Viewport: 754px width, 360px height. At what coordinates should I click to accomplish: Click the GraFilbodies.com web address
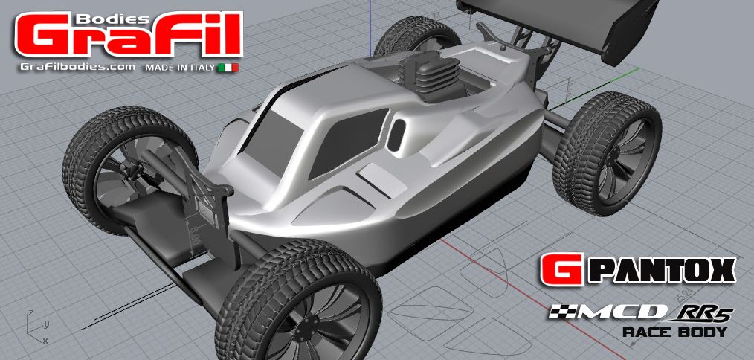click(77, 67)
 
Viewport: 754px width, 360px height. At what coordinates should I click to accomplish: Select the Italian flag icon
click(228, 68)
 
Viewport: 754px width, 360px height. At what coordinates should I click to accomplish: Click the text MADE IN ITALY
click(180, 68)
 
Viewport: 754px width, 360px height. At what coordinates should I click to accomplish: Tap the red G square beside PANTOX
click(555, 269)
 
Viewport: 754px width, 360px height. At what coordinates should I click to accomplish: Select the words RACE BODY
click(674, 332)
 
